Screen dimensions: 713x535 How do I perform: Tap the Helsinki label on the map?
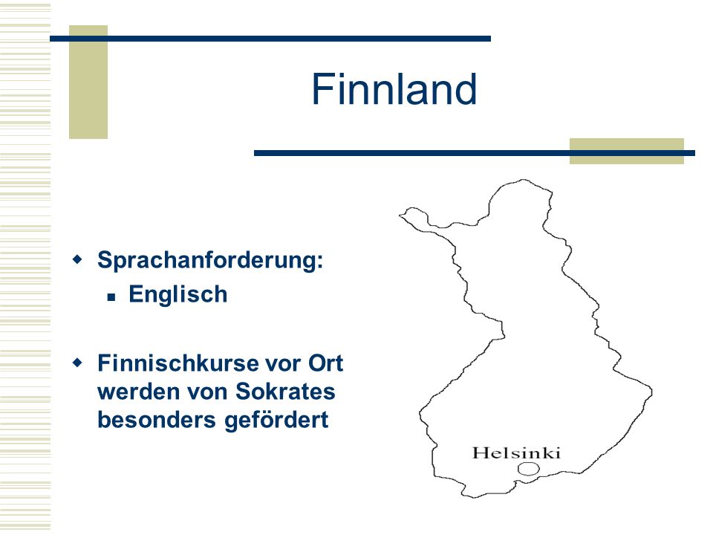click(x=516, y=453)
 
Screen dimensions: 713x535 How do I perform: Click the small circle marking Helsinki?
click(x=528, y=469)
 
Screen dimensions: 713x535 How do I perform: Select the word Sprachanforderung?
click(x=210, y=261)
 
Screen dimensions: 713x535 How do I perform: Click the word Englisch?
click(x=178, y=294)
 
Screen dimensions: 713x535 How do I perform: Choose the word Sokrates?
click(x=285, y=392)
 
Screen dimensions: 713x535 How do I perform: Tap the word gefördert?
click(x=276, y=421)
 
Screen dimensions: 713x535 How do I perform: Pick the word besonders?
click(x=157, y=419)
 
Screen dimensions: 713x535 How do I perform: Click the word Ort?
click(x=325, y=363)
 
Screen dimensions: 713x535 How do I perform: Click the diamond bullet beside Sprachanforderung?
click(x=78, y=260)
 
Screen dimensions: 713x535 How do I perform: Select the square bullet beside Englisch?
click(x=111, y=297)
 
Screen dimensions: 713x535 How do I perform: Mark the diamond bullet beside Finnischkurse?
click(x=78, y=363)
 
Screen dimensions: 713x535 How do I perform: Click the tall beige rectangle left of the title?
click(x=88, y=82)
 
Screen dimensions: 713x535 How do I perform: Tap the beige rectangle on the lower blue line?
click(x=627, y=151)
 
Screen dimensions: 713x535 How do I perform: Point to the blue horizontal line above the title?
click(x=270, y=39)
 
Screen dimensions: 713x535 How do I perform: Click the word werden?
click(x=139, y=392)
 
